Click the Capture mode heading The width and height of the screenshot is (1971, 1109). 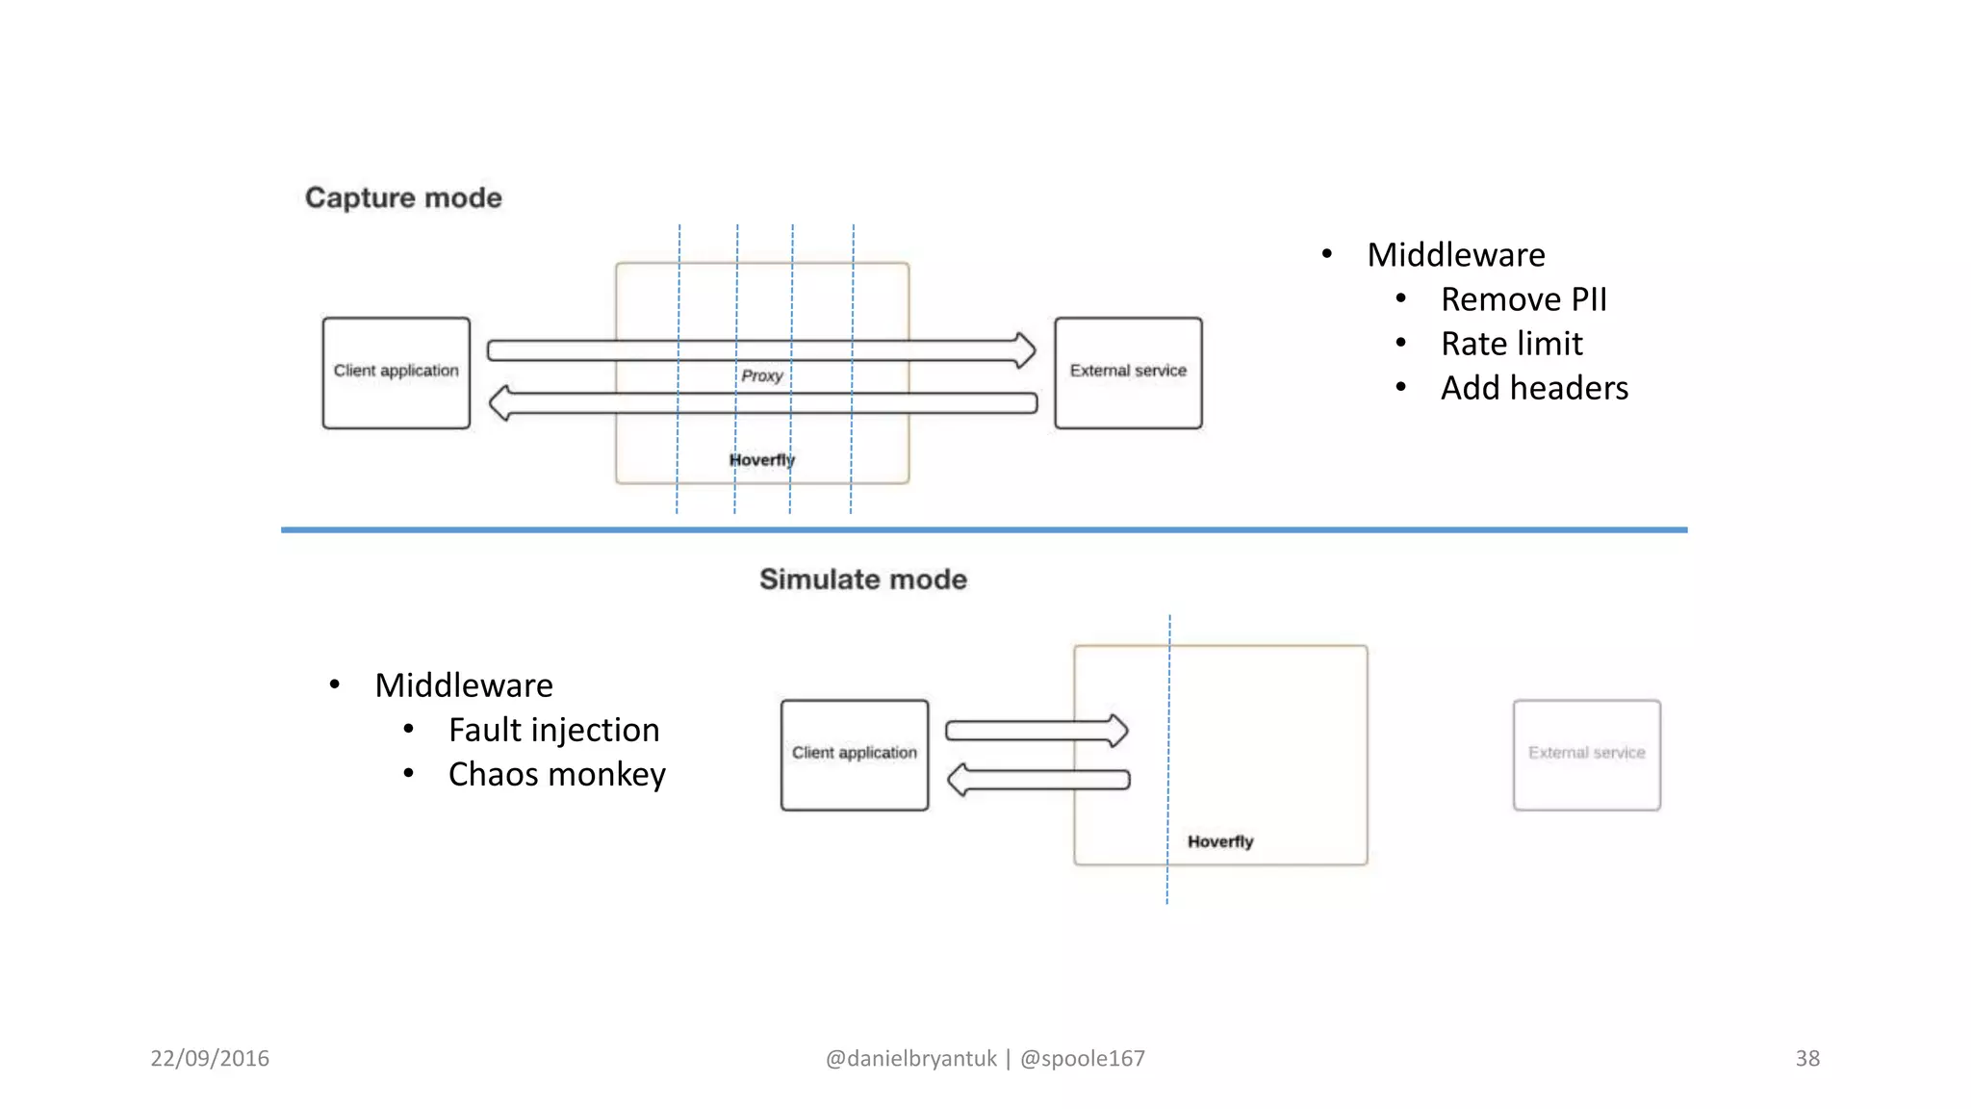(403, 197)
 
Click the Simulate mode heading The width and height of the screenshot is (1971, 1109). (862, 579)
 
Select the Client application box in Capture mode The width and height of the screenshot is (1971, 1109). (397, 373)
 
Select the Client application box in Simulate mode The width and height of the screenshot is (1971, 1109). (855, 755)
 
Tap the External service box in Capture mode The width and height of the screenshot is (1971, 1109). (1128, 373)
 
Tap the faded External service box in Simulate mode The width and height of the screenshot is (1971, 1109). (1586, 755)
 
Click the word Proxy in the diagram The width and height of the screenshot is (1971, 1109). (761, 375)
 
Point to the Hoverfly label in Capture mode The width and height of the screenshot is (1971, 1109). (761, 460)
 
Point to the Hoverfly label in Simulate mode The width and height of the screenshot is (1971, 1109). (1220, 841)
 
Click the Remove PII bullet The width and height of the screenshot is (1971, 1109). (1523, 299)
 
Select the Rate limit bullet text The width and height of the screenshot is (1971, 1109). (1511, 344)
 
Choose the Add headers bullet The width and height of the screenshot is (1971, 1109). (1534, 388)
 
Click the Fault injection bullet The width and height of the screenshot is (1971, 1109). (553, 730)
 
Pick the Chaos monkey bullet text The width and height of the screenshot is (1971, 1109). (556, 774)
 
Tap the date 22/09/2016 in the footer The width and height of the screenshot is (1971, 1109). (210, 1058)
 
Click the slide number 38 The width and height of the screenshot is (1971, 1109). (1807, 1058)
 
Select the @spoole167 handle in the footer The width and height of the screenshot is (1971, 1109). (1083, 1058)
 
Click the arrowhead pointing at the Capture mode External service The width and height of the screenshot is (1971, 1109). (1026, 349)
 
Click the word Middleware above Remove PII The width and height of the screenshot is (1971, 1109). (1455, 255)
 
